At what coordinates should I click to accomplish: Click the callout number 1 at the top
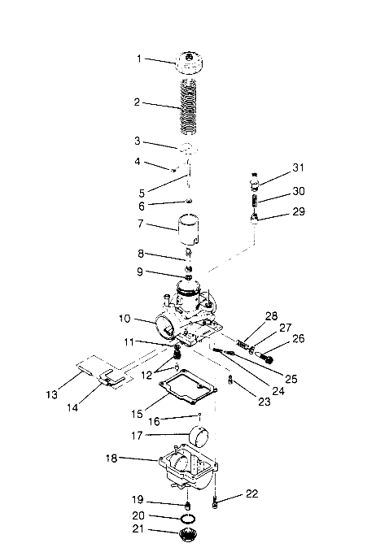(x=139, y=59)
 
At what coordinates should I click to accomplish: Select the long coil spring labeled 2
(x=188, y=106)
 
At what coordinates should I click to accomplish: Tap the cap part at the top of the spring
(x=190, y=63)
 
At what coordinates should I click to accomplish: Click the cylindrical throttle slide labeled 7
(x=188, y=229)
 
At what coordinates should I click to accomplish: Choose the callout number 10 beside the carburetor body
(x=125, y=319)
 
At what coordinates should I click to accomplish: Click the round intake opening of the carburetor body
(x=164, y=326)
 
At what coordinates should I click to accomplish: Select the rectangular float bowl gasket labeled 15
(x=188, y=386)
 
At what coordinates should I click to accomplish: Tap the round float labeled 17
(x=199, y=437)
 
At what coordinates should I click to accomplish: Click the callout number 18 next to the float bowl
(x=111, y=458)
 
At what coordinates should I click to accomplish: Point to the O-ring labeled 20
(x=188, y=518)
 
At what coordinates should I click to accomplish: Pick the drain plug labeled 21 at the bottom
(x=188, y=534)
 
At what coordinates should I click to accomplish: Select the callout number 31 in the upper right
(x=298, y=167)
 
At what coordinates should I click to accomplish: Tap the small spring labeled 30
(x=255, y=202)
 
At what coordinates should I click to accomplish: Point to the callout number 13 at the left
(x=51, y=395)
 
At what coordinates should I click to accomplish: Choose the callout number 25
(x=291, y=379)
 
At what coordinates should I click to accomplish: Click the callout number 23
(x=264, y=402)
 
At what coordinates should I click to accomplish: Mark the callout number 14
(x=72, y=407)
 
